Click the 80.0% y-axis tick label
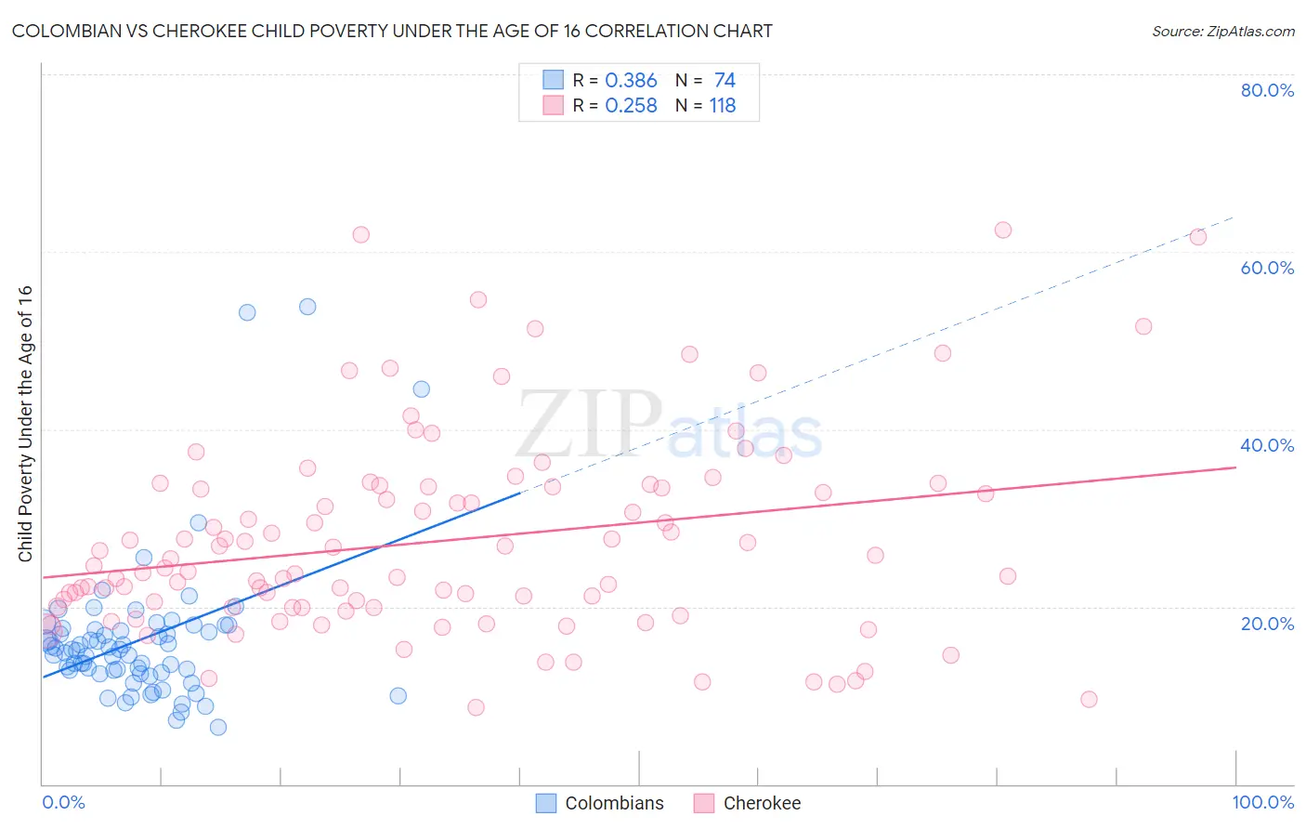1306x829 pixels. pos(1266,90)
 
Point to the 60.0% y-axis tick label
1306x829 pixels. pos(1266,268)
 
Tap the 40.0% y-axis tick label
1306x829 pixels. pos(1266,445)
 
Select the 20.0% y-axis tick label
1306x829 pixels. pos(1266,624)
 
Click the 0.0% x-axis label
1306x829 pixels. pos(63,802)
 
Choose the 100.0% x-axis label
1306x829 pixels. pos(1262,802)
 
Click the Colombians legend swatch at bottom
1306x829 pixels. pos(546,803)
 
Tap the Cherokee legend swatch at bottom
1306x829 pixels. pos(704,803)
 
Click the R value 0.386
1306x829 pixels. pos(631,81)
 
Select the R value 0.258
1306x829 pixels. pos(631,106)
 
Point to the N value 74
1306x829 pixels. pos(725,81)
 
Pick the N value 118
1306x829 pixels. pos(723,106)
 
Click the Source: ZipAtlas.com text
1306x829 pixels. pos(1222,32)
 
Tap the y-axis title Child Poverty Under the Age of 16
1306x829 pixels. pos(26,423)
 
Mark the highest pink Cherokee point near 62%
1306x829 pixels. pos(1002,230)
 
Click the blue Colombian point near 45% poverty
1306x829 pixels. pos(421,389)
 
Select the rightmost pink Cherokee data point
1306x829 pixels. pos(1198,237)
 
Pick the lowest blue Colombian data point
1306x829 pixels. pos(218,727)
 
